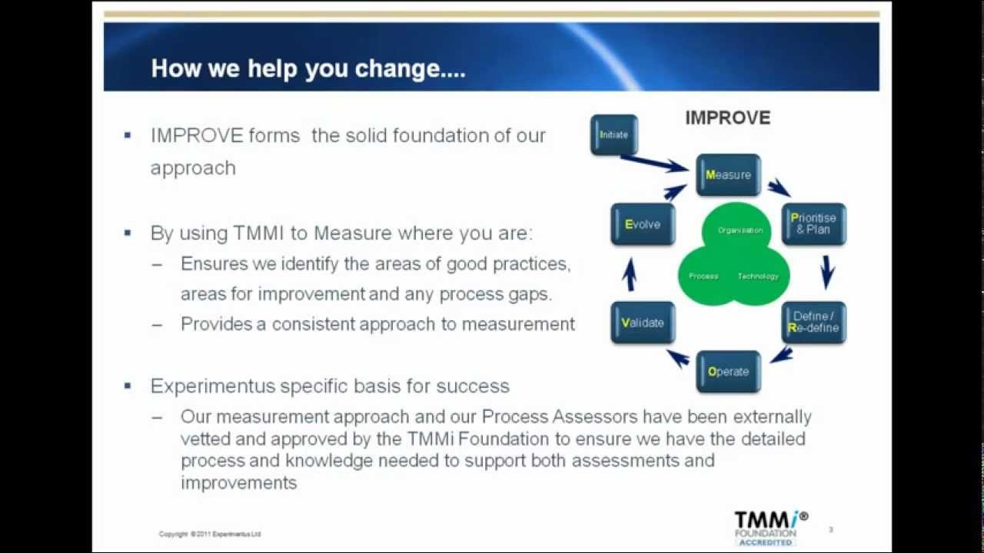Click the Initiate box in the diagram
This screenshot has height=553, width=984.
point(614,134)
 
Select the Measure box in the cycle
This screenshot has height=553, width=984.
point(728,175)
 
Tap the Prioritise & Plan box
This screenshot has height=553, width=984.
point(813,224)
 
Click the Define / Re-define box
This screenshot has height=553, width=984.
point(814,322)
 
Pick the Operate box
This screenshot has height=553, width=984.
point(728,372)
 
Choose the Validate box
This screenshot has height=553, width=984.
point(643,323)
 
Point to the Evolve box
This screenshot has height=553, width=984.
point(643,224)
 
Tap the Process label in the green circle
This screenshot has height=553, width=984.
point(703,276)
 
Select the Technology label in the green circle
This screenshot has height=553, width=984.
point(758,276)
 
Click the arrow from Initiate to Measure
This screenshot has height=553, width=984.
point(654,163)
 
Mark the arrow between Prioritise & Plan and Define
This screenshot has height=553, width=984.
point(827,272)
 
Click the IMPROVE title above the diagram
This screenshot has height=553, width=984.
point(727,118)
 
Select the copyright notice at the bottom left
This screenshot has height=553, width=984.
point(210,534)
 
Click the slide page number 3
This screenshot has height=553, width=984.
point(831,529)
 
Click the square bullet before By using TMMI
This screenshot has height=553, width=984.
point(128,233)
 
